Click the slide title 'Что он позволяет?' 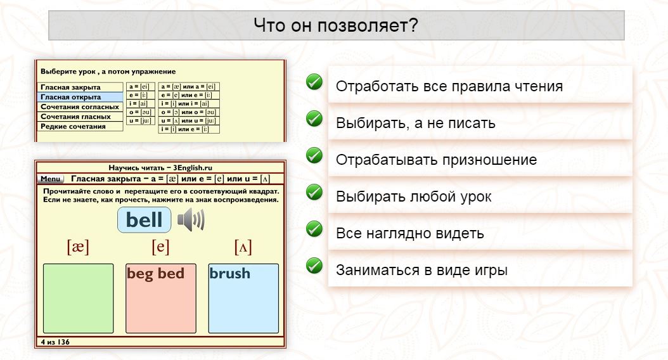tap(336, 26)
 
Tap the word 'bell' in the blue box tap(145, 220)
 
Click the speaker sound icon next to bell tap(191, 221)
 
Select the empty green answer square tap(78, 299)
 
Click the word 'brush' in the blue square tap(229, 274)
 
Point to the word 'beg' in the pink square tap(140, 274)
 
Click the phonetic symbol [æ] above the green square tap(78, 247)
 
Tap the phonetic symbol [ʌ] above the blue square tap(243, 247)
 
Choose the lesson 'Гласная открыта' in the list tap(71, 97)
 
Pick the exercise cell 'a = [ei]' tap(139, 87)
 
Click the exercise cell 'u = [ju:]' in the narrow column tap(139, 120)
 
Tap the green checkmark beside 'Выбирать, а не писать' tap(314, 119)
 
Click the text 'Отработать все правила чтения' tap(449, 86)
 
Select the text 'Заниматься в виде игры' tap(421, 270)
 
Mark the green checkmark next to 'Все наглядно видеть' tap(314, 229)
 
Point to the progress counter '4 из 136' tap(55, 342)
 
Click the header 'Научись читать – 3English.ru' tap(160, 168)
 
